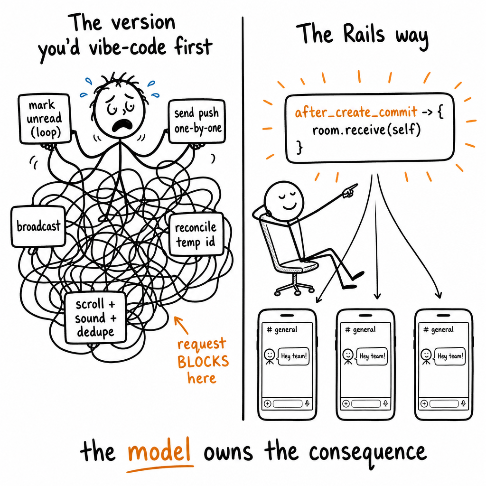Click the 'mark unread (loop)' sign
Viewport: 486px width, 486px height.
click(45, 119)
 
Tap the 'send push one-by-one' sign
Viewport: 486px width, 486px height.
click(197, 121)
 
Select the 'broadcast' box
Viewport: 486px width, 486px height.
click(38, 226)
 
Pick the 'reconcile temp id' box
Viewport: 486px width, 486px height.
click(196, 234)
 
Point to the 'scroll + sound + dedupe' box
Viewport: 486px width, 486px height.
click(95, 318)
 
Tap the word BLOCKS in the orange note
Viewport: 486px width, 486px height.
click(203, 361)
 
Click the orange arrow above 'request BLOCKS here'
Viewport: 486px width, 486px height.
click(181, 325)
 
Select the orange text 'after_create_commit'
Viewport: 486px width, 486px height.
click(356, 112)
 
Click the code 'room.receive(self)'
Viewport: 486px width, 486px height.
click(366, 130)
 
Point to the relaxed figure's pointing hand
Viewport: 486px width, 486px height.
click(350, 190)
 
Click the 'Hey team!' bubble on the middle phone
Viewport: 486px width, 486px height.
click(372, 356)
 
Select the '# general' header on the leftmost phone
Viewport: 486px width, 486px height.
click(282, 329)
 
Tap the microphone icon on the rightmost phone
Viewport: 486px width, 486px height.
click(463, 403)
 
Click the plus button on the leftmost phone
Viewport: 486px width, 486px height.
click(268, 403)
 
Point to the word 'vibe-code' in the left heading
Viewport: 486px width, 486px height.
click(127, 47)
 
